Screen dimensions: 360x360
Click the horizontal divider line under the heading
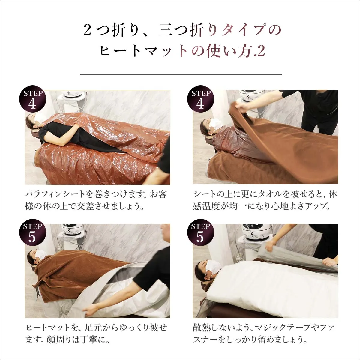click(181, 74)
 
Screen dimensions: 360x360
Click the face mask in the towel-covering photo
click(215, 123)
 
